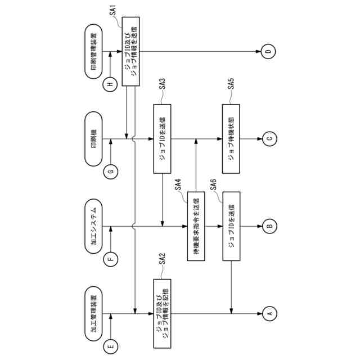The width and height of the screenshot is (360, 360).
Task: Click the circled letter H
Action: point(110,85)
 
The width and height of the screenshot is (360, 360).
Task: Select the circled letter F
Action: point(110,259)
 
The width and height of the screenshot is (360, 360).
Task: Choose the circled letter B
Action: point(268,227)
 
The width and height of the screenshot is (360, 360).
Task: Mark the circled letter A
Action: point(268,313)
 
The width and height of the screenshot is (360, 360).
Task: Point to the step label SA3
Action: point(162,83)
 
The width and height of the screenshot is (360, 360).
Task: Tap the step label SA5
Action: point(231,83)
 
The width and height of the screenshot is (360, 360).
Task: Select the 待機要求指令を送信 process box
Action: point(196,227)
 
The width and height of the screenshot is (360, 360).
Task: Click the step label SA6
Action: point(214,183)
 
